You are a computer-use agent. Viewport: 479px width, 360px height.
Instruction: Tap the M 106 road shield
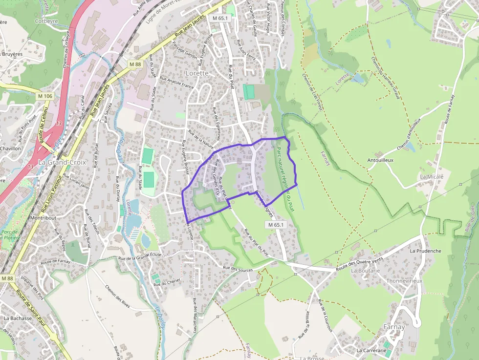(44, 96)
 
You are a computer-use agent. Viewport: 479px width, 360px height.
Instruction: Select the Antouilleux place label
(380, 160)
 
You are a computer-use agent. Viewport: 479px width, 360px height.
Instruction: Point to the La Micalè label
(432, 176)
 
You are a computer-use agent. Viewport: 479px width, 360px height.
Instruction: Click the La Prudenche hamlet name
(425, 251)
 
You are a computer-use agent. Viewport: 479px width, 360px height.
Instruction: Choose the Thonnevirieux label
(404, 281)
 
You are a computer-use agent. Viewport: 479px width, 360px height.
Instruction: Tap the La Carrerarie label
(371, 350)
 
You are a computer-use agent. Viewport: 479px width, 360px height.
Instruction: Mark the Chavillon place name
(10, 148)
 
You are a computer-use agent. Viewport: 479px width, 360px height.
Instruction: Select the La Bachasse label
(18, 318)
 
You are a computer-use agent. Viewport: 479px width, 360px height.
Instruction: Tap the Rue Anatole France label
(176, 84)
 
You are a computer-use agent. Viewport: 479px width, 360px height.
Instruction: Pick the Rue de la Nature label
(202, 140)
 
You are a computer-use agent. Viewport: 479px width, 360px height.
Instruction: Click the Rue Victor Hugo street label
(268, 19)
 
